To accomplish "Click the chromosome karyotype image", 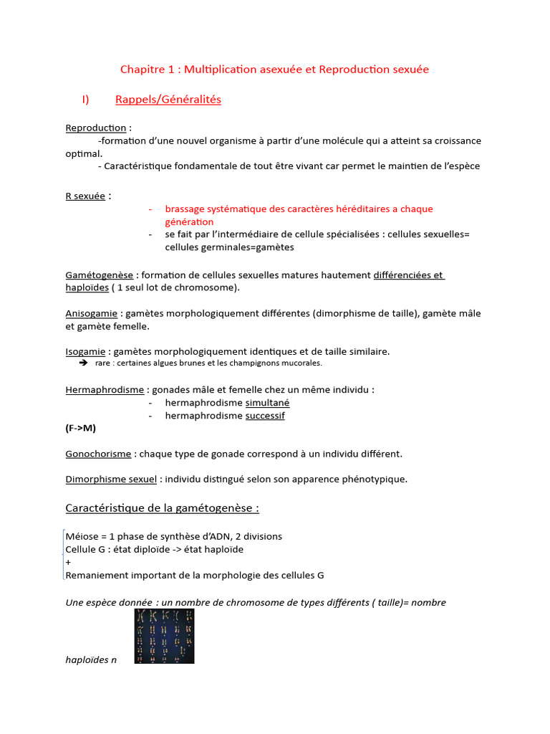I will pyautogui.click(x=164, y=636).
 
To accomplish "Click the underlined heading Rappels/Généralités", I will pyautogui.click(x=168, y=100).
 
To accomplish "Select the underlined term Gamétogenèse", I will pyautogui.click(x=99, y=275).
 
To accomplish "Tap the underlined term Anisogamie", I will pyautogui.click(x=92, y=313).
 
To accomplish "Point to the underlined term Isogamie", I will pyautogui.click(x=86, y=351).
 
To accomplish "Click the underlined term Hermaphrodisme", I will pyautogui.click(x=105, y=390).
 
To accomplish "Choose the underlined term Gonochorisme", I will pyautogui.click(x=98, y=454).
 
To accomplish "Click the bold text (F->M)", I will pyautogui.click(x=80, y=428).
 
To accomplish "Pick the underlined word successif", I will pyautogui.click(x=265, y=416).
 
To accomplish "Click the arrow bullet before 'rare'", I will pyautogui.click(x=82, y=363).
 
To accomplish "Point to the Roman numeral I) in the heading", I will pyautogui.click(x=85, y=100).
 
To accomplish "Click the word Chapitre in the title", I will pyautogui.click(x=140, y=70).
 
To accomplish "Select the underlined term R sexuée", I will pyautogui.click(x=85, y=196).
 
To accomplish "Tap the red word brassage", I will pyautogui.click(x=185, y=209).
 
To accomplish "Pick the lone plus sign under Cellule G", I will pyautogui.click(x=68, y=562).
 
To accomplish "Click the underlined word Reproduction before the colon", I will pyautogui.click(x=95, y=128).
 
